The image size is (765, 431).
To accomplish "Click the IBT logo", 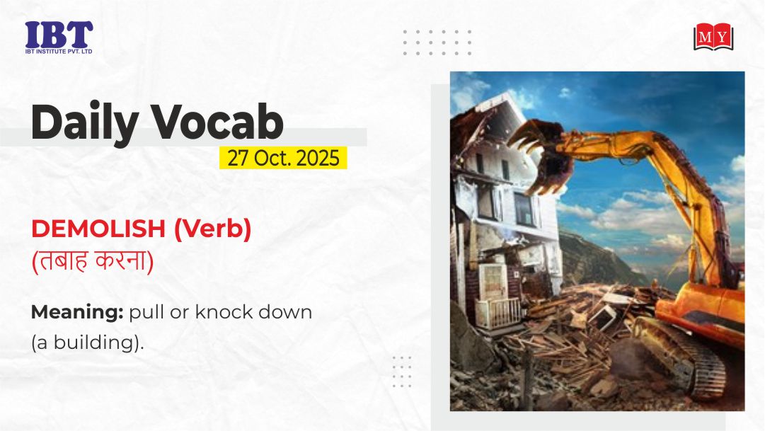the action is (x=59, y=37).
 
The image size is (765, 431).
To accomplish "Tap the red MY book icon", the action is (x=713, y=37).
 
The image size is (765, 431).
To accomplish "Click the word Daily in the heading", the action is (x=85, y=122).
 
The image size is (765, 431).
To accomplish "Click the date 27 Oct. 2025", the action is (x=283, y=158).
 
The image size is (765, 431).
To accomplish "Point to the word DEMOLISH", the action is (x=98, y=229).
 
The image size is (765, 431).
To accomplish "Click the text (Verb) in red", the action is (x=212, y=229).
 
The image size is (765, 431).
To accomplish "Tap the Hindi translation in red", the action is (x=93, y=260).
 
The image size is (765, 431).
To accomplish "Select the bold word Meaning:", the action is (x=77, y=312).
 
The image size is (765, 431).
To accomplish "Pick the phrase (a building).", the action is (x=88, y=342).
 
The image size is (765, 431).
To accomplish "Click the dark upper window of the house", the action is (x=523, y=208).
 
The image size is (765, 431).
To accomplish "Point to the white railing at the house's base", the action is (x=498, y=313).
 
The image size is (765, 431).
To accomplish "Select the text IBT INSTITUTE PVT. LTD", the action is (x=59, y=51).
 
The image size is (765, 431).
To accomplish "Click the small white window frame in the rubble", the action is (x=603, y=317).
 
